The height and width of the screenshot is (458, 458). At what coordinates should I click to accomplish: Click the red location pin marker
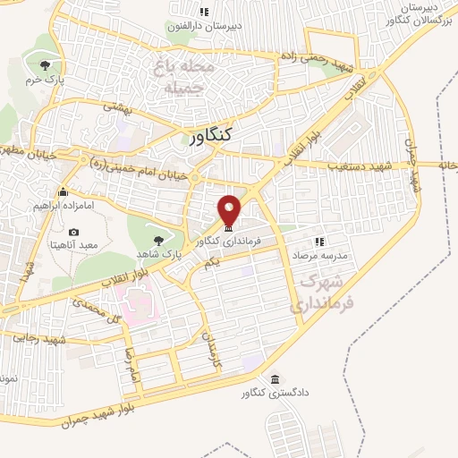tap(230, 209)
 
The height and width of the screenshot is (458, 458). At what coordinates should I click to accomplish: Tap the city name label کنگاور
tap(211, 135)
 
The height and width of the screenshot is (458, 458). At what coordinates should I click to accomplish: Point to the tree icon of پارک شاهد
tap(158, 240)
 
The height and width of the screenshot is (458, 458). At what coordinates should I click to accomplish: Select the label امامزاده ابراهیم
tap(64, 205)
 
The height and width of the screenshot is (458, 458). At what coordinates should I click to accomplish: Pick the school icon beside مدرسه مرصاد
tap(318, 242)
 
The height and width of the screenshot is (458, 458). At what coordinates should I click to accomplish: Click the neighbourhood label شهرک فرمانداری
tap(310, 292)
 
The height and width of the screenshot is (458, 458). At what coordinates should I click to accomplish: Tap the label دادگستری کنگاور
tap(273, 394)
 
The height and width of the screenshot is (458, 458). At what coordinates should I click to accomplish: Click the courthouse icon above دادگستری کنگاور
tap(274, 378)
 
